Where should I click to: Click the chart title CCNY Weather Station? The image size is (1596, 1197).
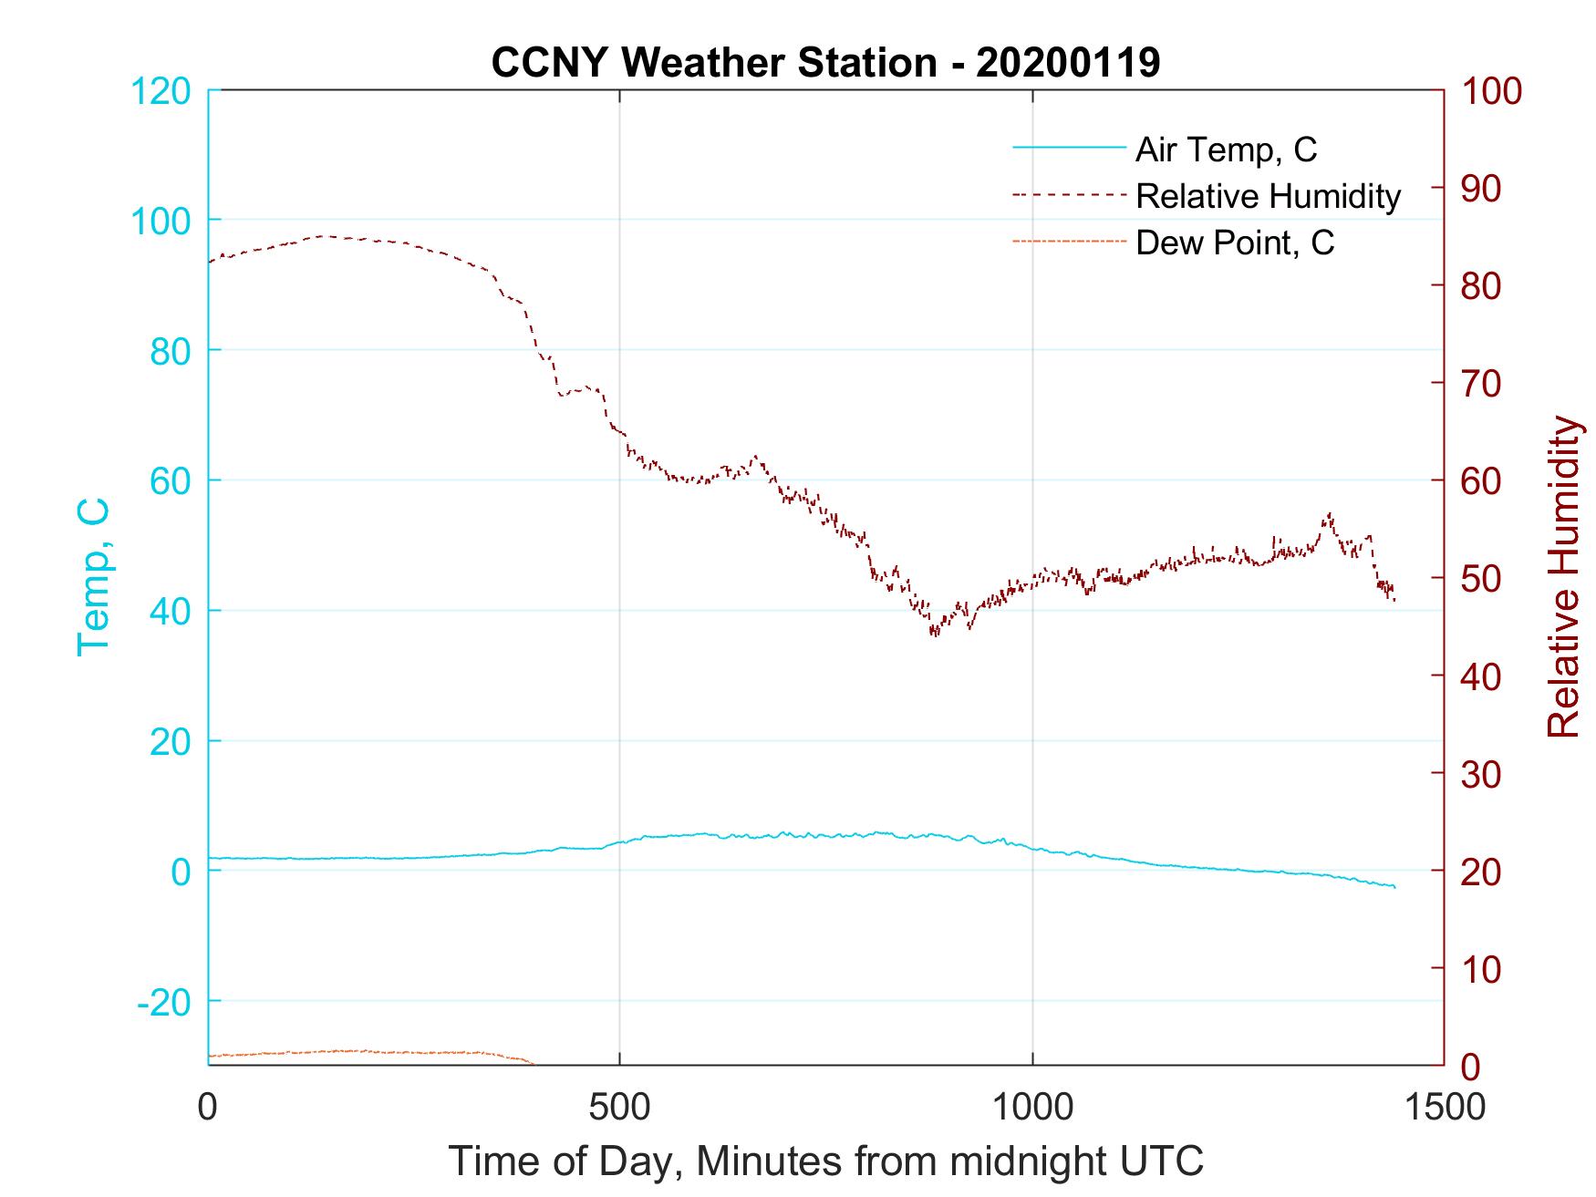click(x=825, y=63)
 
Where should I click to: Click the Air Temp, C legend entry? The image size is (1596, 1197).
click(x=1226, y=150)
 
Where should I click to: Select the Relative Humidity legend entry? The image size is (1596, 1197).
click(x=1268, y=196)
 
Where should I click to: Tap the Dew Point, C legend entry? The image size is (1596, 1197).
click(x=1235, y=242)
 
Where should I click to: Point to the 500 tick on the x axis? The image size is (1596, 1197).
click(x=619, y=1108)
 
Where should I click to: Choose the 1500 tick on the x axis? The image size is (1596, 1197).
click(x=1445, y=1108)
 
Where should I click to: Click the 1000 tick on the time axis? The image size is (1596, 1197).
click(x=1032, y=1108)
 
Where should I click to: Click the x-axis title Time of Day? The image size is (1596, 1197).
click(x=825, y=1161)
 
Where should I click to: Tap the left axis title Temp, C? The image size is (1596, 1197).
click(x=94, y=576)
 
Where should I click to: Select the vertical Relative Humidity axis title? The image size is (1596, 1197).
click(x=1564, y=576)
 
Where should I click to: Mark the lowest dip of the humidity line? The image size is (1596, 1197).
click(x=933, y=634)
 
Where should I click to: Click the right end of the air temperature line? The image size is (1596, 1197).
click(x=1394, y=887)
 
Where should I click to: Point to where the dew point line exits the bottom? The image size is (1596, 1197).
click(x=533, y=1064)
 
